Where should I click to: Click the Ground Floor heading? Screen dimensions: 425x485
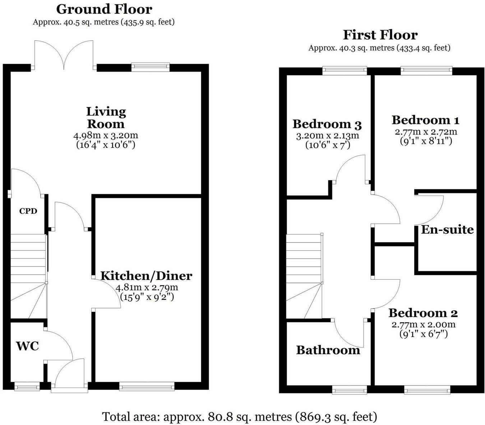(104, 9)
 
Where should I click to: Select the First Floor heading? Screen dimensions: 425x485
(380, 35)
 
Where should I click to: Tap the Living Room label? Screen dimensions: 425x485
(106, 118)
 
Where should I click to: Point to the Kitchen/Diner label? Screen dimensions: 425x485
(146, 276)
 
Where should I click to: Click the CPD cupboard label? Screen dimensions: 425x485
(28, 211)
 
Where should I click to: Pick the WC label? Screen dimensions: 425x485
(27, 346)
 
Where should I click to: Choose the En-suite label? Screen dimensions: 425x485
(447, 229)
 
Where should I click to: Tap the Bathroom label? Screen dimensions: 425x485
(328, 350)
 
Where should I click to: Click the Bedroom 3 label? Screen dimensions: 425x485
(327, 124)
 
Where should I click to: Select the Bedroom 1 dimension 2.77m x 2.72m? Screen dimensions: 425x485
(426, 132)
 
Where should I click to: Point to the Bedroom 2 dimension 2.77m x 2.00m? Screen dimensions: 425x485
(424, 325)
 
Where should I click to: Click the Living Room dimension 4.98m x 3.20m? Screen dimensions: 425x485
(106, 136)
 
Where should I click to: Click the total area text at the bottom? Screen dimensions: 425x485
(240, 417)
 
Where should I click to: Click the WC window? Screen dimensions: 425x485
(27, 387)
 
